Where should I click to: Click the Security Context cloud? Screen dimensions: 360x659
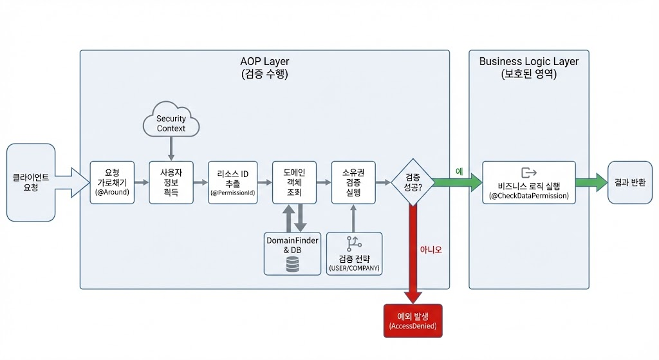171,120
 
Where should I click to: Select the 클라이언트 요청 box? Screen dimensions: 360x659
31,182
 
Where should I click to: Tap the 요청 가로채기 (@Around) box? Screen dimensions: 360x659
112,182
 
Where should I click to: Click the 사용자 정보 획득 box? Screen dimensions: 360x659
171,182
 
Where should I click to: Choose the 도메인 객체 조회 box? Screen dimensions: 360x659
294,182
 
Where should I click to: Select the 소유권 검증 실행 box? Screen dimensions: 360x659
353,182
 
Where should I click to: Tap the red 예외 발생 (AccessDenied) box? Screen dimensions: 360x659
413,321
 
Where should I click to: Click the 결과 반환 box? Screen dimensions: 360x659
630,182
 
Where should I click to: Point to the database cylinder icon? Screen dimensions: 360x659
292,264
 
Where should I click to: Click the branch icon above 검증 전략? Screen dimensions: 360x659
353,244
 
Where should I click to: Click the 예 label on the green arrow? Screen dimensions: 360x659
459,172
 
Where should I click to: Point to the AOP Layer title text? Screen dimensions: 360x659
265,62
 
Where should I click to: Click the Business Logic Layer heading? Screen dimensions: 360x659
528,62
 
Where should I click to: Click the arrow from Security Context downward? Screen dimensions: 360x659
171,149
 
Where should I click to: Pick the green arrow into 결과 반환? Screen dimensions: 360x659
591,182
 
